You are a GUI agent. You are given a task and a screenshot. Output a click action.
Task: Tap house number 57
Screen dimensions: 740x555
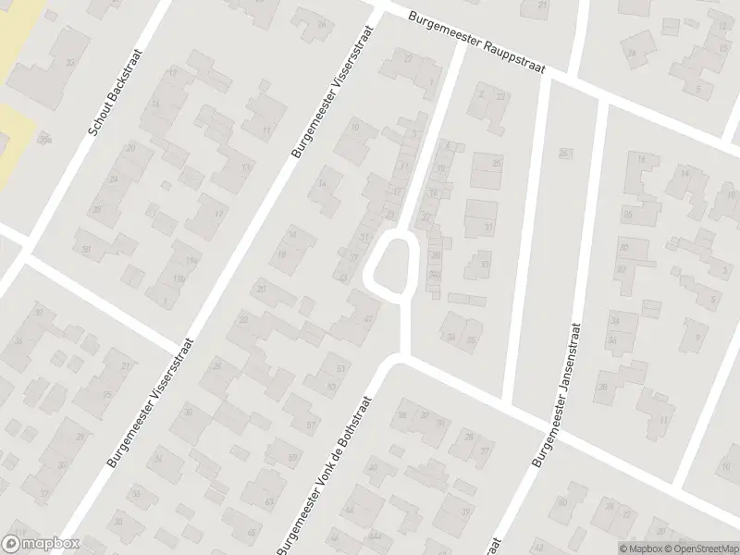[311, 425]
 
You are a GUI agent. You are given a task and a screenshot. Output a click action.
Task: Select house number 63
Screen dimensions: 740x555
[270, 500]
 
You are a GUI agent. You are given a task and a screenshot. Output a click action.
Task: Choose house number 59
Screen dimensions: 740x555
[293, 457]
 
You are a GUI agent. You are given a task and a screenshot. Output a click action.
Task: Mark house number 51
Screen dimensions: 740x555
[341, 368]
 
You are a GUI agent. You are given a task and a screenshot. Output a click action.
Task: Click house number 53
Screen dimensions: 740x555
[331, 387]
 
